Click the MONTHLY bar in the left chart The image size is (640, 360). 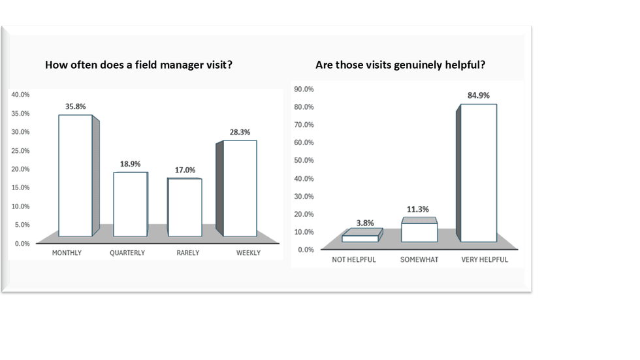pyautogui.click(x=75, y=175)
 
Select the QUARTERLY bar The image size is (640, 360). pyautogui.click(x=129, y=204)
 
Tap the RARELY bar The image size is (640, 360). pyautogui.click(x=184, y=207)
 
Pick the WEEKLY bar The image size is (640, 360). pyautogui.click(x=240, y=188)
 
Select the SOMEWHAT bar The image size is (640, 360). pyautogui.click(x=419, y=233)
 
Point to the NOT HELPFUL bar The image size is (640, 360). pyautogui.click(x=360, y=238)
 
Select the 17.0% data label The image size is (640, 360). pyautogui.click(x=185, y=170)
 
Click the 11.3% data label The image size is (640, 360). pyautogui.click(x=419, y=210)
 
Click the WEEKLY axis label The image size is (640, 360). pyautogui.click(x=248, y=253)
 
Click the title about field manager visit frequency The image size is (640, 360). pyautogui.click(x=138, y=65)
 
